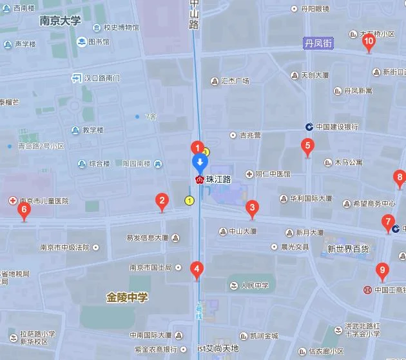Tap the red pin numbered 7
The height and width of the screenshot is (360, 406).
(x=387, y=222)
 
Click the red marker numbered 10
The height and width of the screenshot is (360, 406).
(x=369, y=43)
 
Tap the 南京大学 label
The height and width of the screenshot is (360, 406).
(x=60, y=21)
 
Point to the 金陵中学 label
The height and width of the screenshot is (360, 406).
(x=127, y=297)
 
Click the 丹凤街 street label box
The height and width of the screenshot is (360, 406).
(x=318, y=43)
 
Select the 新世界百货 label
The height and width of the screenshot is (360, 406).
(x=349, y=249)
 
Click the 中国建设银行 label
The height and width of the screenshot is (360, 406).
(x=336, y=126)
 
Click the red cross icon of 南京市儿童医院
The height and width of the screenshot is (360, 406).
(x=12, y=201)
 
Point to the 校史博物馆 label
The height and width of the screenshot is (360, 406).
(x=121, y=28)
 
